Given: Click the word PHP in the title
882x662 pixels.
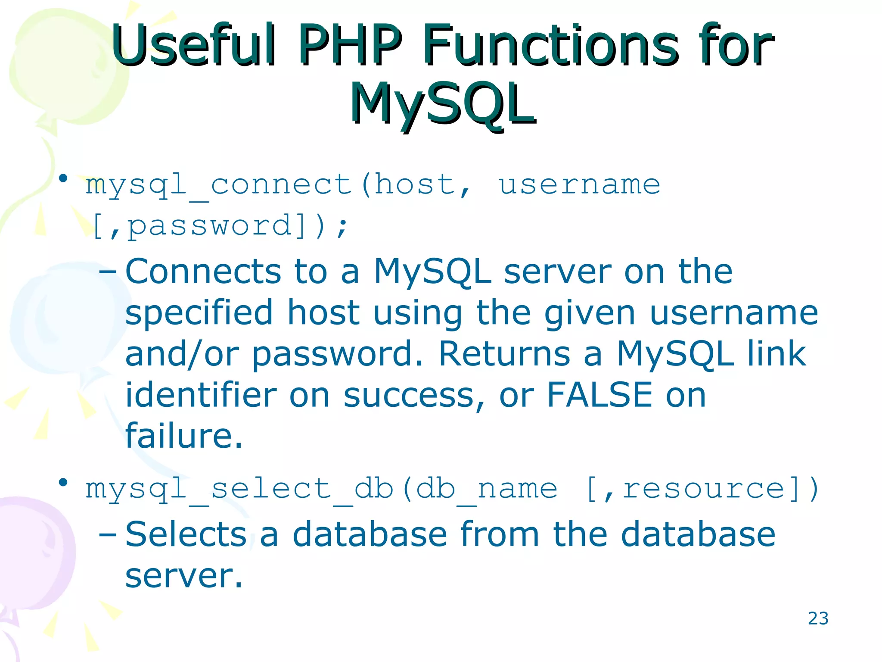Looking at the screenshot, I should point(350,45).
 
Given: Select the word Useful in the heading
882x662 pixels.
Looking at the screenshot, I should point(194,45).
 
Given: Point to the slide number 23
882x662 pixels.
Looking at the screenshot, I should point(818,618).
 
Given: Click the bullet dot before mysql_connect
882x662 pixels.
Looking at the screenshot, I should point(63,178).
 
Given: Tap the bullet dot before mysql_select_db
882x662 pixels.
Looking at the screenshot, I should point(63,482).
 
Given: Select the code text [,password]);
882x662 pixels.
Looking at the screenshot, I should point(220,226).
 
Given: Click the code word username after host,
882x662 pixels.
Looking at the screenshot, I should point(579,185).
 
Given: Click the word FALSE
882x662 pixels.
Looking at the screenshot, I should point(599,395).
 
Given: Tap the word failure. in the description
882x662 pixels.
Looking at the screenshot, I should point(184,436).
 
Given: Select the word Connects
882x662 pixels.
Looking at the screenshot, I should point(203,272).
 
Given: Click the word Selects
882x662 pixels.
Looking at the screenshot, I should point(186,534).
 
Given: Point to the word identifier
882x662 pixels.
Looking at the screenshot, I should point(201,395).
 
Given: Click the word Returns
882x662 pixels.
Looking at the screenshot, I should point(504,354).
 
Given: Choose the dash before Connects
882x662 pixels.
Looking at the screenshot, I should point(108,272).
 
